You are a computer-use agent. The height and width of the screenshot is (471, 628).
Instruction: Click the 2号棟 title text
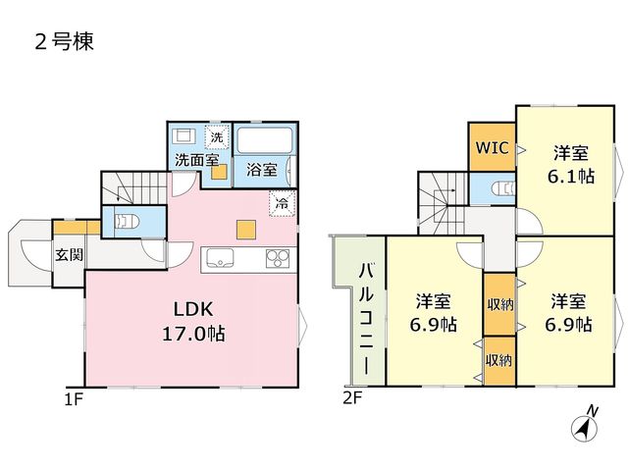[x=65, y=41]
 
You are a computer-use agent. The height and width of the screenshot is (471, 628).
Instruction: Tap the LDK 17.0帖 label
[x=193, y=321]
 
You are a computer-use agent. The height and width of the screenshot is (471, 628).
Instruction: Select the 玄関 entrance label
[x=70, y=255]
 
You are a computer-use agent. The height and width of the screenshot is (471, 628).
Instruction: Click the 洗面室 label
[x=196, y=160]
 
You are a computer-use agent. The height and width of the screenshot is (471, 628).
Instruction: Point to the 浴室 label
[x=262, y=170]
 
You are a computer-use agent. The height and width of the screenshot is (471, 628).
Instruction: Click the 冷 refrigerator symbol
[x=283, y=204]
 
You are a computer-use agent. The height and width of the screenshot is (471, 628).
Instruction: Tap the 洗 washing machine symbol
[x=217, y=137]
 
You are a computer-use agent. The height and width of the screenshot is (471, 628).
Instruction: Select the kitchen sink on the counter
[x=220, y=258]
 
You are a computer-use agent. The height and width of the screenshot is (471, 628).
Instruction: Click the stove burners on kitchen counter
[x=278, y=258]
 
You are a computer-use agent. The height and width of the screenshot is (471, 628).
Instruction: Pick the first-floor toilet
[x=127, y=221]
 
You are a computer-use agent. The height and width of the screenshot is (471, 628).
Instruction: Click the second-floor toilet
[x=503, y=187]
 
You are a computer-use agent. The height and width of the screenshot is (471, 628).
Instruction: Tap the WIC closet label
[x=493, y=147]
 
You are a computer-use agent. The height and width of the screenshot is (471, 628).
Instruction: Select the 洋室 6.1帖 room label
[x=571, y=165]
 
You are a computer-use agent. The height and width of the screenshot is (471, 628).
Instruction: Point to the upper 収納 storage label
[x=499, y=305]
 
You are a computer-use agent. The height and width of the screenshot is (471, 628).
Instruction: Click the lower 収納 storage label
[x=499, y=360]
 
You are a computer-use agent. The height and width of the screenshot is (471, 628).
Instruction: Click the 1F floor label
[x=74, y=399]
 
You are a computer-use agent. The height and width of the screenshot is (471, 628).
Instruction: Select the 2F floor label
[x=352, y=398]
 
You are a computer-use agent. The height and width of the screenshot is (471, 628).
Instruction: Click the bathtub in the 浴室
[x=265, y=140]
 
